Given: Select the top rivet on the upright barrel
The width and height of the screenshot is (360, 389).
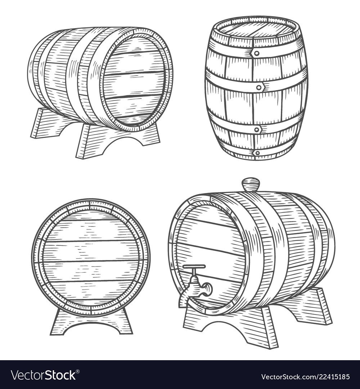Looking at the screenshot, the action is click(x=257, y=53).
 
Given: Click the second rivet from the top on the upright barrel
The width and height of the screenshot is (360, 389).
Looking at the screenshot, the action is click(x=259, y=87).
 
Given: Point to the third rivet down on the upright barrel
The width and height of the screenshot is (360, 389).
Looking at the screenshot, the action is click(x=257, y=129).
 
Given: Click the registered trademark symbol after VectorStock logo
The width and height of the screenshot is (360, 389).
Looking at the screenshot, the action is click(x=78, y=371).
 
